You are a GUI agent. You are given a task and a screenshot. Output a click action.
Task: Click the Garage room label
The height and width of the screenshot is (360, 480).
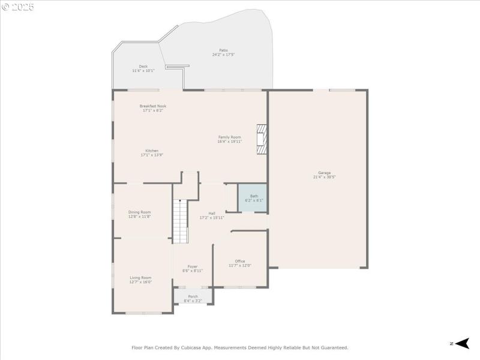click(324, 173)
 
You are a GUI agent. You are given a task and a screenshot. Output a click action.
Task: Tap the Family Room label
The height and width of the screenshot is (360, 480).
click(229, 137)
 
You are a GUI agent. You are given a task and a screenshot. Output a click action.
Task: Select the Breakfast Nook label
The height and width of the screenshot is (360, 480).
click(152, 106)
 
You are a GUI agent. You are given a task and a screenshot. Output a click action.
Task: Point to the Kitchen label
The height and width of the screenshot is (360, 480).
click(152, 151)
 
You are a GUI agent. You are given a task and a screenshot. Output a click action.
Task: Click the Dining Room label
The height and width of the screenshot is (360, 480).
click(139, 212)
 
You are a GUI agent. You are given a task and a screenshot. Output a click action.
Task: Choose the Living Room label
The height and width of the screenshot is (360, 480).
click(140, 278)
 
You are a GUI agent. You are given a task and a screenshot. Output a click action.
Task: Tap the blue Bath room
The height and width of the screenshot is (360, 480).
click(254, 198)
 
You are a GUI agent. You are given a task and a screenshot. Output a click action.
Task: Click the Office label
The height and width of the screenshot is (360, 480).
click(239, 261)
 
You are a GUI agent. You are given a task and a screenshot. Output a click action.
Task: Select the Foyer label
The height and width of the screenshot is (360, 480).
click(193, 266)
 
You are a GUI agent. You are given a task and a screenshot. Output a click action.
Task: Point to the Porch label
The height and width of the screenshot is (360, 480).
click(193, 296)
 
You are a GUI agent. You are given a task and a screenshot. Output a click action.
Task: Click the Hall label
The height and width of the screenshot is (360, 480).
click(212, 213)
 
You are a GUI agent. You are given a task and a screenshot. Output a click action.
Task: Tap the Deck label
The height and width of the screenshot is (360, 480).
click(143, 67)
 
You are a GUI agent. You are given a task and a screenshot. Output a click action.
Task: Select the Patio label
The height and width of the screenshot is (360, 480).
click(223, 50)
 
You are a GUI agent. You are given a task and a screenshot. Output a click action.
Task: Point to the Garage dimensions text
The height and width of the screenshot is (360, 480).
click(324, 177)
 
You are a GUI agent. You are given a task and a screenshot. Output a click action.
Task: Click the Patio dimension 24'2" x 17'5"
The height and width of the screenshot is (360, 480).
click(223, 55)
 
